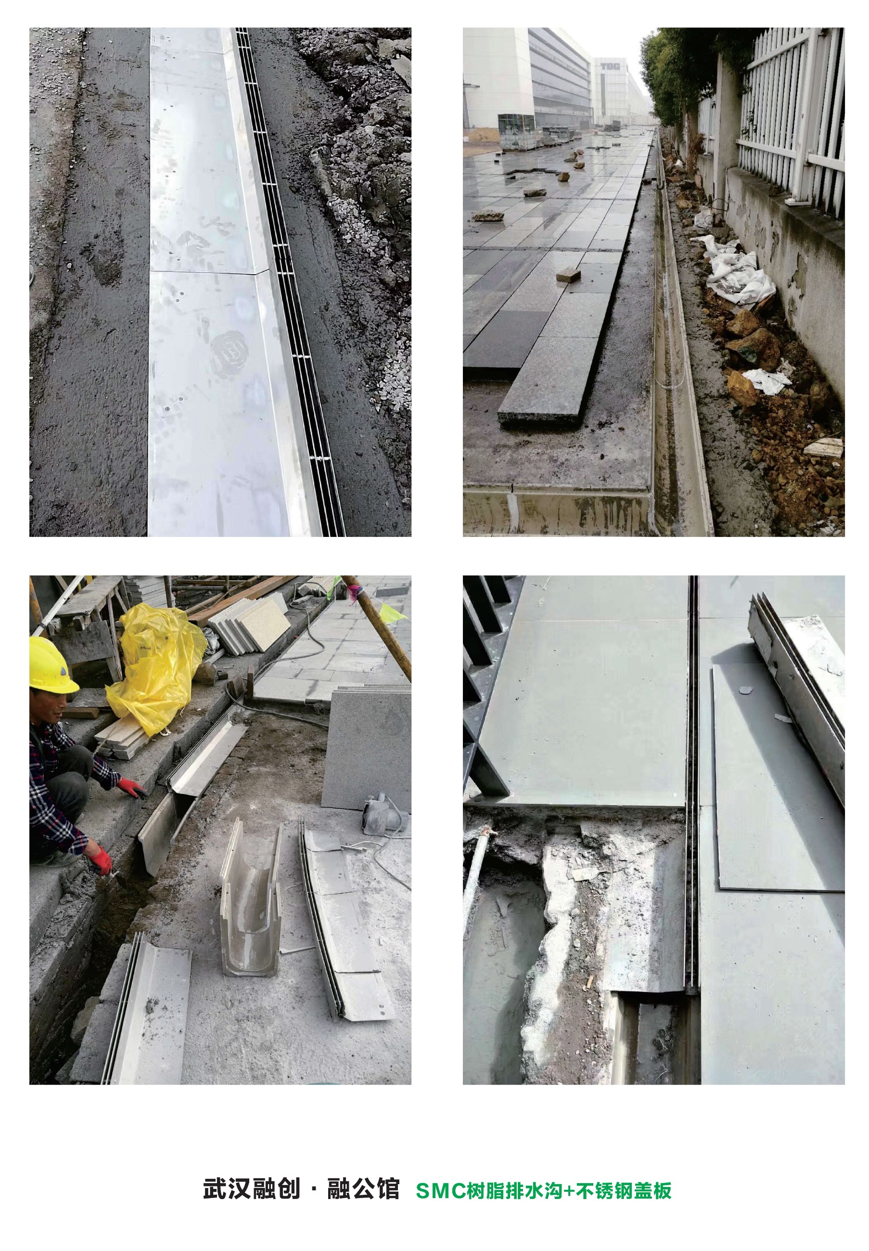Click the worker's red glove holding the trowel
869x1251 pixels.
click(x=101, y=860)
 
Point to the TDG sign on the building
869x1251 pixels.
click(x=607, y=66)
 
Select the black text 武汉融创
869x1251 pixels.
click(x=252, y=1189)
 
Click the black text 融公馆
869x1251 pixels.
click(x=363, y=1189)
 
